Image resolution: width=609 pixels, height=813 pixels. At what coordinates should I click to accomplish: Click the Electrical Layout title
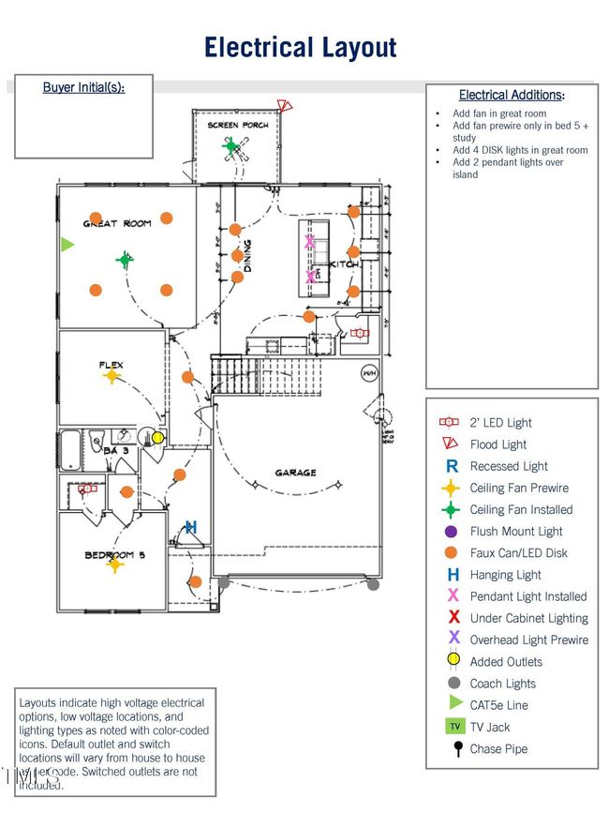click(x=301, y=47)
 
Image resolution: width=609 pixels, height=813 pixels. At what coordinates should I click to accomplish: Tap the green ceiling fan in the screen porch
click(x=231, y=145)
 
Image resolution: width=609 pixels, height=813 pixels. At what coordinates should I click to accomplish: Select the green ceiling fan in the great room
click(x=124, y=259)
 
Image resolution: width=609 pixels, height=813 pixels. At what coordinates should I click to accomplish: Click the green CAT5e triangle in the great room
click(x=67, y=245)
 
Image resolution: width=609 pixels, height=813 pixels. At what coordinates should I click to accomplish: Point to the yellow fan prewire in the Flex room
click(x=111, y=377)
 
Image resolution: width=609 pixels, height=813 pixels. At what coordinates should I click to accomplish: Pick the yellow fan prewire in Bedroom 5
click(x=115, y=565)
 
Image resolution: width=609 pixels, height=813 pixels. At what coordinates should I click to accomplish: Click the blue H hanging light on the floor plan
click(x=191, y=527)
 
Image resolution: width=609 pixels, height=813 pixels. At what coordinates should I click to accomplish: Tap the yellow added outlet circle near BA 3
click(x=158, y=438)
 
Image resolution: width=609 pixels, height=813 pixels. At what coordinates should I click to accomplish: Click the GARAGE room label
click(x=295, y=473)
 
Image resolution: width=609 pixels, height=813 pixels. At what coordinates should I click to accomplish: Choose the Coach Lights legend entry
click(x=503, y=684)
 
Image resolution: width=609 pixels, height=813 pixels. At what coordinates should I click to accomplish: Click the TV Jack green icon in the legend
click(x=453, y=727)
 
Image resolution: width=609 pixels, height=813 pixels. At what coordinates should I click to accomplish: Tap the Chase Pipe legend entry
click(x=498, y=748)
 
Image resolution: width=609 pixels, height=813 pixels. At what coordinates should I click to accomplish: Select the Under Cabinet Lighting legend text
click(x=528, y=618)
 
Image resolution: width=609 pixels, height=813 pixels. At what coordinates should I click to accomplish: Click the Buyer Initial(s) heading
click(x=83, y=87)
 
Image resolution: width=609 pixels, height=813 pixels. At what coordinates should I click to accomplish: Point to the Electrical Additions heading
click(x=512, y=95)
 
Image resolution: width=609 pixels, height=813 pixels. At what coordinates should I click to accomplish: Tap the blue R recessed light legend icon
click(x=453, y=466)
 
